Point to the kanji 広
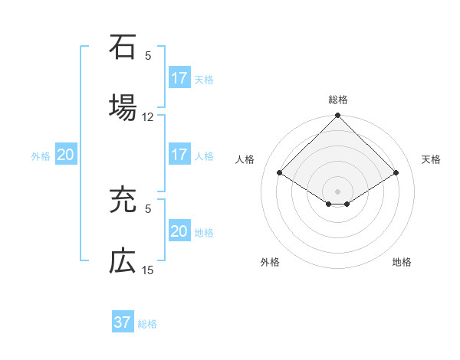coord(123,260)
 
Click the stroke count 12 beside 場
coord(148,117)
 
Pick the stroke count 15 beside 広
coord(148,270)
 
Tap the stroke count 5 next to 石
coord(148,55)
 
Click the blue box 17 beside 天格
coord(179,78)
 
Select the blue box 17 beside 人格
coord(179,155)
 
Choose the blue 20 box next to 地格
coord(179,231)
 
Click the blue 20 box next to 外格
coord(65,155)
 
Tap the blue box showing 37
coord(123,322)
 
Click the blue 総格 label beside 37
coord(147,324)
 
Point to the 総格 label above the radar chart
coord(338,100)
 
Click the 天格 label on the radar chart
coord(432,159)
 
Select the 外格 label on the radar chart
coord(270,262)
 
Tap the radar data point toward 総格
coord(338,116)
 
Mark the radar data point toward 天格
coord(396,172)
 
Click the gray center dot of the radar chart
coord(338,191)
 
